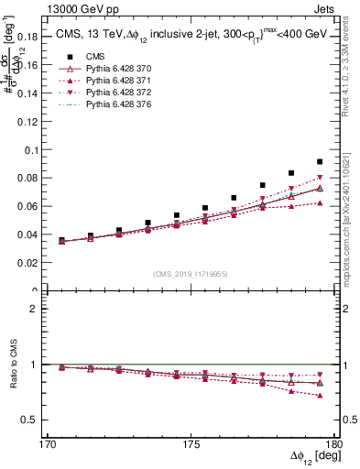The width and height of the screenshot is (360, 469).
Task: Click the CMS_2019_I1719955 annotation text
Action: pos(191,273)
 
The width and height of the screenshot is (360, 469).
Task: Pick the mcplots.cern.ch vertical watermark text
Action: pos(351,206)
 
